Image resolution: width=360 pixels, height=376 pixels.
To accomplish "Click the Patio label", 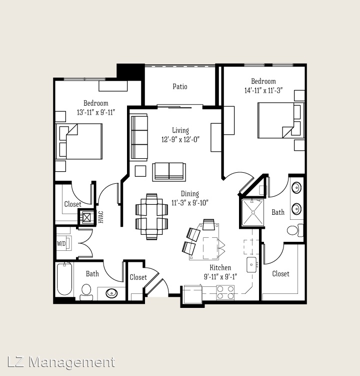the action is [x=180, y=86].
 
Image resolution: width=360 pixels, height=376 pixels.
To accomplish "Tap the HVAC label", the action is [x=101, y=217].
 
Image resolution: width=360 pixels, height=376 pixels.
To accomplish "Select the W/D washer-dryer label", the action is [x=61, y=244].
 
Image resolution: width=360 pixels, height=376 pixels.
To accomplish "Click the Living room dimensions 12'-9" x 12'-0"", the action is [x=180, y=139].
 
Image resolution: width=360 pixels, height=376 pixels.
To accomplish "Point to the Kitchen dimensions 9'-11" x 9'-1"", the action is [x=220, y=277].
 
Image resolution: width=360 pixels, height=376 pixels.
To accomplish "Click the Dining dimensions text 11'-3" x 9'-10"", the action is [x=189, y=203].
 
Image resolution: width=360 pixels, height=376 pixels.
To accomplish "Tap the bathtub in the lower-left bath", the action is [x=64, y=279].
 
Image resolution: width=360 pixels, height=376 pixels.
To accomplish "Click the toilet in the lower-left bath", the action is [x=86, y=292].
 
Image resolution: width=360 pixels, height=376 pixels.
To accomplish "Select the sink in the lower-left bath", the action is [x=111, y=293].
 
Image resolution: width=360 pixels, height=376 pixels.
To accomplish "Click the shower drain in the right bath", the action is [x=253, y=212].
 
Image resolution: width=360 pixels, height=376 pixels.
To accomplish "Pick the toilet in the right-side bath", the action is [x=295, y=230].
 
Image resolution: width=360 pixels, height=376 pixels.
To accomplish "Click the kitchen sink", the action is [x=251, y=265].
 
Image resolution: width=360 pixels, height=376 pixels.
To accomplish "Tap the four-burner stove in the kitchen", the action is [x=225, y=292].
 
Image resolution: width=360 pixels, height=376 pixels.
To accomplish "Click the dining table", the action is [x=151, y=216].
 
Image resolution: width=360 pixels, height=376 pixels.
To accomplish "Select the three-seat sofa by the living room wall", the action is [x=139, y=137].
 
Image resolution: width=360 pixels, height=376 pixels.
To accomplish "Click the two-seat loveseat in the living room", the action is [x=169, y=172].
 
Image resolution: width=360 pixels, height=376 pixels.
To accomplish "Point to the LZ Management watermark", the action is [x=61, y=362].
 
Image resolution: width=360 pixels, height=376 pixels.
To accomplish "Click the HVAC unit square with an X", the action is [x=86, y=217].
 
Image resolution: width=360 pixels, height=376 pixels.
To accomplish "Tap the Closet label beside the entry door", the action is [x=138, y=277].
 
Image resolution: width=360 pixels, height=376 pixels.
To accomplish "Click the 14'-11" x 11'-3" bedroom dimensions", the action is [x=263, y=91].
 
